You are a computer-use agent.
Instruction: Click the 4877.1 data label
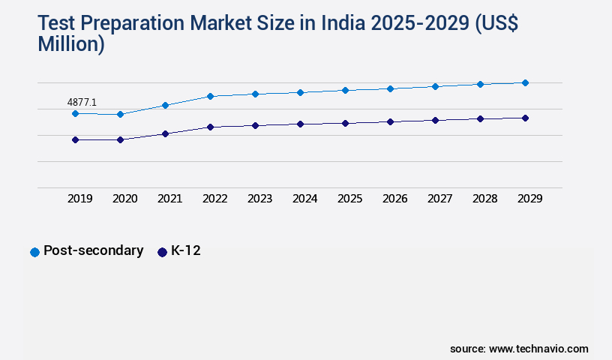pos(82,102)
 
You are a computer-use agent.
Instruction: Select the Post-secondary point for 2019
pos(75,113)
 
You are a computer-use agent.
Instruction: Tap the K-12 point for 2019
pos(75,139)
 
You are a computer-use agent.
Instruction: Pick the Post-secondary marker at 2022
pos(210,96)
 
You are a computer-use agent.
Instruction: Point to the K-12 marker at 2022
pos(210,127)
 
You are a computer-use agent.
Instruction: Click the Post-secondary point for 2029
pos(525,82)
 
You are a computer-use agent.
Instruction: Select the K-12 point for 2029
pos(525,118)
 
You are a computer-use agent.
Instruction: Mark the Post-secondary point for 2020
pos(120,114)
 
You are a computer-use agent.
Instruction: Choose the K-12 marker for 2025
pos(345,123)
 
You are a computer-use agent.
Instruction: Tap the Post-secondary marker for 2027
pos(435,86)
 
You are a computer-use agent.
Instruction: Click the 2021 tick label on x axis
pos(170,199)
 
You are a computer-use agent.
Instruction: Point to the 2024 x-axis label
pos(305,199)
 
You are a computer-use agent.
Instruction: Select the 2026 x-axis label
pos(395,199)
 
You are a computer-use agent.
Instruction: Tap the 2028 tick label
pos(485,199)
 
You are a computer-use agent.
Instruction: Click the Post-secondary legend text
pos(93,250)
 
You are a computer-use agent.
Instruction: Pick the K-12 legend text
pos(185,250)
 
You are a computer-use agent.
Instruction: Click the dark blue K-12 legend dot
pos(162,252)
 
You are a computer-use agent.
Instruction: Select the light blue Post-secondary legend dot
pos(34,252)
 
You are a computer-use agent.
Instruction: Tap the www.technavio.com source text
pos(538,349)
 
